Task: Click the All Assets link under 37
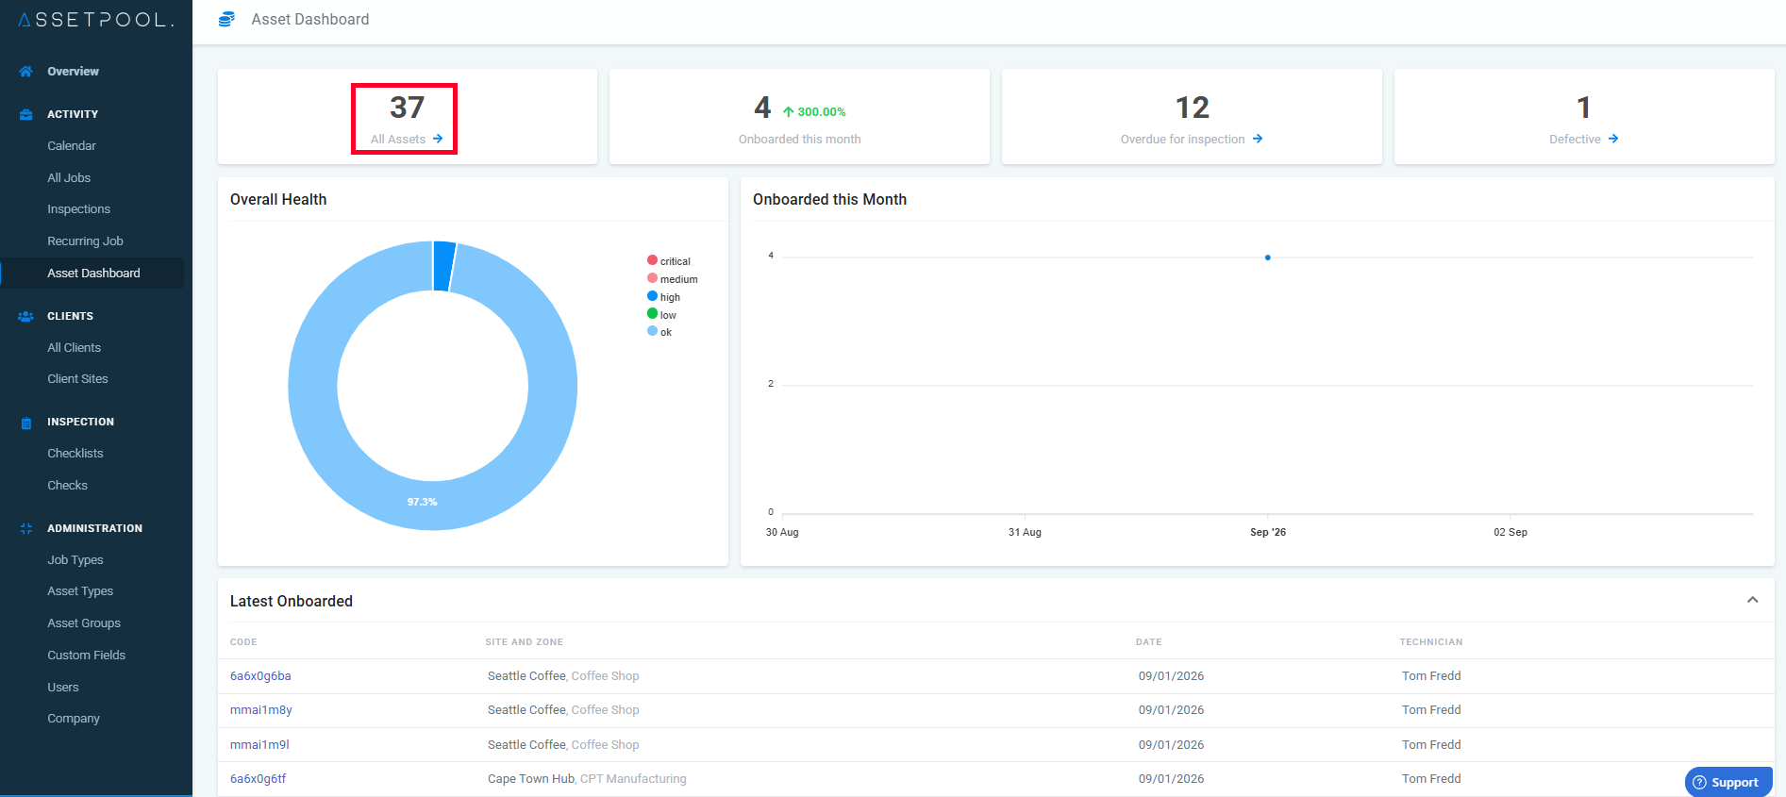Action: click(407, 139)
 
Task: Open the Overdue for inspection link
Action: click(1192, 139)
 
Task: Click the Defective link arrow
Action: click(1613, 139)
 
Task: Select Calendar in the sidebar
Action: click(72, 145)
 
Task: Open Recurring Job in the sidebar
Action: click(85, 241)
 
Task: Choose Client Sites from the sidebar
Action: click(77, 378)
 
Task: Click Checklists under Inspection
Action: click(75, 453)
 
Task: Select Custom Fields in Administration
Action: click(86, 655)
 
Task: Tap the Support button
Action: click(1728, 782)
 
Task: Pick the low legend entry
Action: click(661, 314)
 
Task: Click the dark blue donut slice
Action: click(443, 266)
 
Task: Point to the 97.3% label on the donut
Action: click(422, 502)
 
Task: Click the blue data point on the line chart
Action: click(1267, 257)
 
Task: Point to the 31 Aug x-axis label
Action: click(1025, 532)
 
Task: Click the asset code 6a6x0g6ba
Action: click(260, 675)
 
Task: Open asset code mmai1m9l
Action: click(259, 744)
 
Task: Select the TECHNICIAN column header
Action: click(1431, 642)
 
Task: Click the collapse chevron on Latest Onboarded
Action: click(1752, 600)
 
